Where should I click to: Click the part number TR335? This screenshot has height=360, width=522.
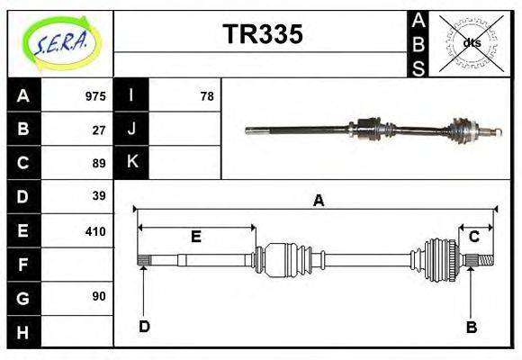pos(262,34)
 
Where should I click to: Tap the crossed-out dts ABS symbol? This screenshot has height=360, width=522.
pos(471,42)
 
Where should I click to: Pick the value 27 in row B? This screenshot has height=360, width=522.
pos(99,130)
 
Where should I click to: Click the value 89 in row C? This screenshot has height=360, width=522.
pos(99,163)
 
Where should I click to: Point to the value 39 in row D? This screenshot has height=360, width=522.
pos(99,196)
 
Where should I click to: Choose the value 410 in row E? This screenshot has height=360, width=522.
pos(95,230)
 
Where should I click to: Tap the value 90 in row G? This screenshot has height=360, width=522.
pos(99,296)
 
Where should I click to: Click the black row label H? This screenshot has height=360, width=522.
pos(23,332)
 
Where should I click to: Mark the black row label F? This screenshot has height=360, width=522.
pos(23,265)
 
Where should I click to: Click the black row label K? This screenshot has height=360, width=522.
pos(132,162)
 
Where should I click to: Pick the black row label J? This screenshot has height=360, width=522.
pos(132,129)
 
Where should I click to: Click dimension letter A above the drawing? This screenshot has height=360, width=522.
pos(318,202)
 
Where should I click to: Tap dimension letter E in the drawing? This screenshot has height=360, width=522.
pos(195,237)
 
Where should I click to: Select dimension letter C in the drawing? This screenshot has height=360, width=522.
pos(474,237)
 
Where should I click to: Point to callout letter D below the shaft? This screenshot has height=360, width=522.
pos(144,327)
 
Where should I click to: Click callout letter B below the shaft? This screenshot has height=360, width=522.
pos(471,327)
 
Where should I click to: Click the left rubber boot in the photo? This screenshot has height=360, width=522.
pos(366,130)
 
